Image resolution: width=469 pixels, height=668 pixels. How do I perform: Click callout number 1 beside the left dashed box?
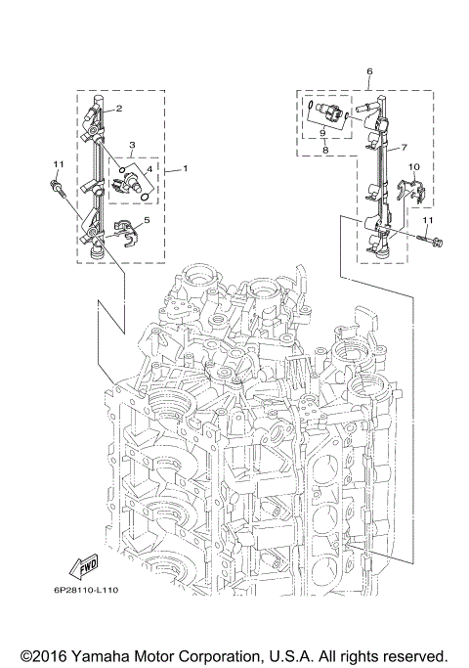click(186, 168)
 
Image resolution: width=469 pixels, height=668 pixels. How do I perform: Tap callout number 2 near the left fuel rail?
click(118, 110)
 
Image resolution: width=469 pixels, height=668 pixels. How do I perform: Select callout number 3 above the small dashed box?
click(131, 147)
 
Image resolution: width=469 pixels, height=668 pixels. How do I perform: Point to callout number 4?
click(149, 169)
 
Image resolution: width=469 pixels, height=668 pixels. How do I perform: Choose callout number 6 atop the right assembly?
click(369, 72)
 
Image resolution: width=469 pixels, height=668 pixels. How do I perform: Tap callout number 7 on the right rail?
click(401, 152)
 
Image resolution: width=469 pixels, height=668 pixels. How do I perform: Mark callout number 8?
click(324, 152)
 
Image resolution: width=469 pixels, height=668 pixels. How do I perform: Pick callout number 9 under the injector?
click(324, 136)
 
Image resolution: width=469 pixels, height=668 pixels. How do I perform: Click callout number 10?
click(413, 168)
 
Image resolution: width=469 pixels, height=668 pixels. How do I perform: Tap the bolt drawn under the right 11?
click(430, 238)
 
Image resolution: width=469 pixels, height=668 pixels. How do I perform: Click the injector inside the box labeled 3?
click(134, 177)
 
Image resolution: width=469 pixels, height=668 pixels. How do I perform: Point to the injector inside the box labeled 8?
click(323, 112)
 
